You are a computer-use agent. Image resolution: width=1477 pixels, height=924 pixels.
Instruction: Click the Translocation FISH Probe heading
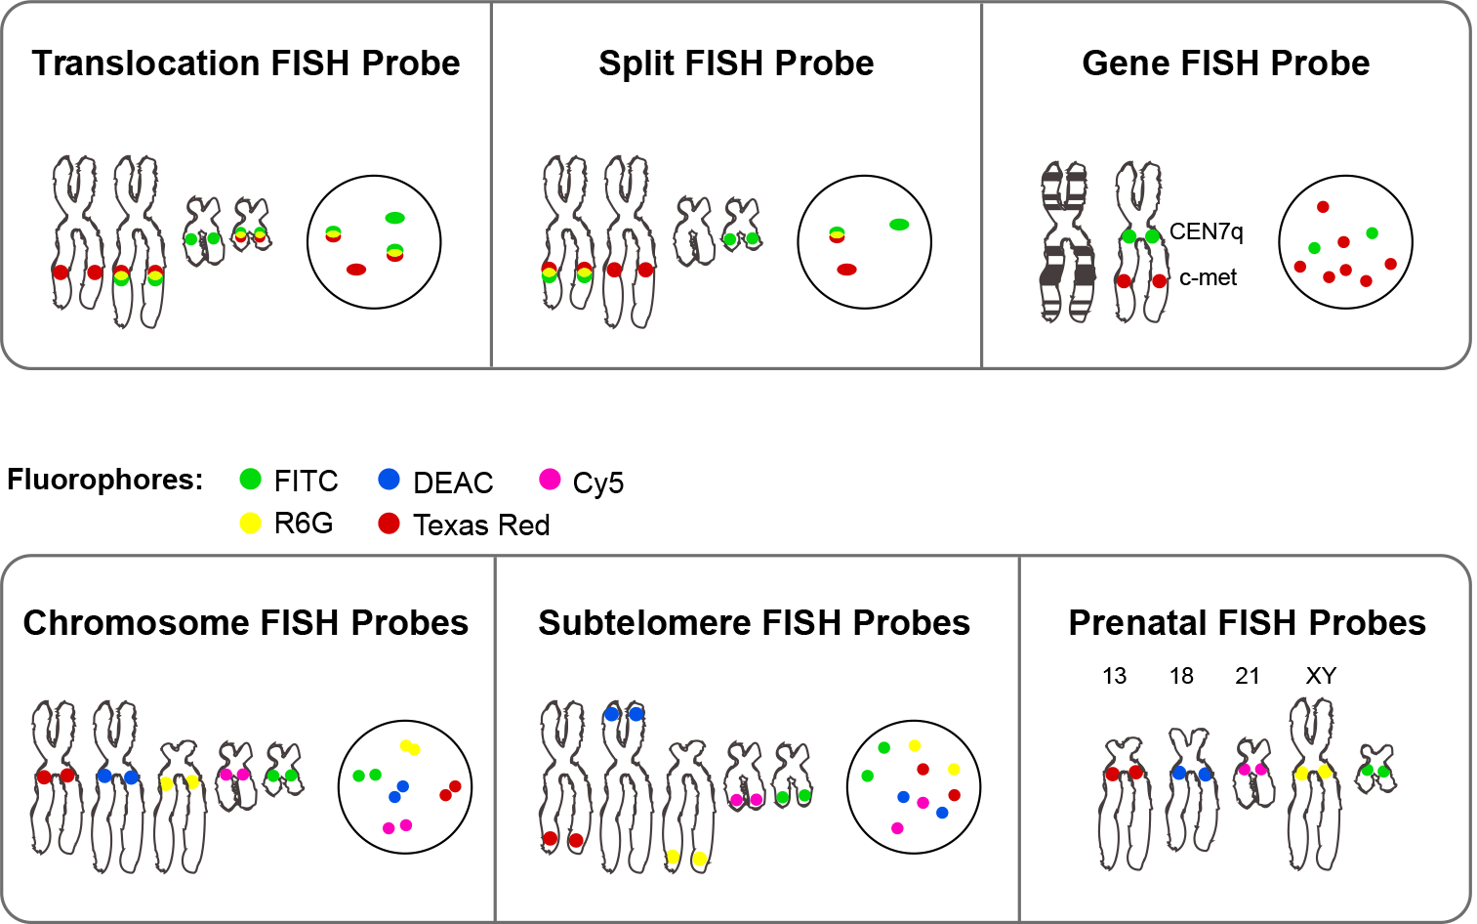pos(245,63)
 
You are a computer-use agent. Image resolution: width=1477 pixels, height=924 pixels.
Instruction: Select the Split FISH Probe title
pos(736,63)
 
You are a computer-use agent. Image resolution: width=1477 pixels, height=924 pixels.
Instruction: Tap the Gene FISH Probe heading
pos(1225,63)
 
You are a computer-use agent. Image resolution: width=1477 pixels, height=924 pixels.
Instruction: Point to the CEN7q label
pos(1206,232)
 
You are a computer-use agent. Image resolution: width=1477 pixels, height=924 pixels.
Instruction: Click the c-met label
pos(1208,278)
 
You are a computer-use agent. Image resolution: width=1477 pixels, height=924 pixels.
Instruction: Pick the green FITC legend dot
pos(251,479)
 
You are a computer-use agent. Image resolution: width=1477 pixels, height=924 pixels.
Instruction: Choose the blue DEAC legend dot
pos(389,479)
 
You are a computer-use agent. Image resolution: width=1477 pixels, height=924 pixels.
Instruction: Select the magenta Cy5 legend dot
pos(550,479)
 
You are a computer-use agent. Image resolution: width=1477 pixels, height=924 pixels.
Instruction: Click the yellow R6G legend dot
pos(251,524)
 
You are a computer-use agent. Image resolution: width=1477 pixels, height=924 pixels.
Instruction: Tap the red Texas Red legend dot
pos(389,524)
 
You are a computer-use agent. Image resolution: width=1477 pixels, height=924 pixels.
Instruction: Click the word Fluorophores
pos(104,480)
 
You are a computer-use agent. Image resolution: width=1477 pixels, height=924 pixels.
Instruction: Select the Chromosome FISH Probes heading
pos(245,623)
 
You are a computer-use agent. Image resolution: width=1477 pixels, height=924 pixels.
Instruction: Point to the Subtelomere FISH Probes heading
pos(754,623)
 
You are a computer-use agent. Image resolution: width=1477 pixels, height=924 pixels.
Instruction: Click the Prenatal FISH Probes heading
pos(1247,623)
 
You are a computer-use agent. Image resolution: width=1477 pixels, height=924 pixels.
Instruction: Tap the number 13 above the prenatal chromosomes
pos(1114,676)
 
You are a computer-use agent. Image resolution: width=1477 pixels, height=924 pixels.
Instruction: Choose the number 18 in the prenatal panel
pos(1181,676)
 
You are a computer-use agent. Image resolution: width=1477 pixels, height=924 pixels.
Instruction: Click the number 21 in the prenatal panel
pos(1247,676)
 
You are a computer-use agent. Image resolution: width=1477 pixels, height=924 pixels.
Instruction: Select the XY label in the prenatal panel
pos(1320,676)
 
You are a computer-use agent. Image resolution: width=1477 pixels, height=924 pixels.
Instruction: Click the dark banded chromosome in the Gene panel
pos(1066,244)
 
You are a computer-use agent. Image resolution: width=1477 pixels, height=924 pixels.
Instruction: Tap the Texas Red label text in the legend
pos(481,525)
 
